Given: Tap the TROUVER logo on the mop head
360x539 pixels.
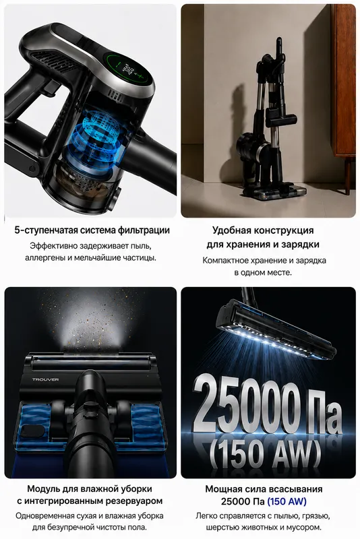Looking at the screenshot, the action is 45,379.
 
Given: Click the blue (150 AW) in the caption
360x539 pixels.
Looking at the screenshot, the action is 287,501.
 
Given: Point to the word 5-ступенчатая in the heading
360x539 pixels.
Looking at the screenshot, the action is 46,230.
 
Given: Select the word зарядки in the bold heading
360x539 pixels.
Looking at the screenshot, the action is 301,245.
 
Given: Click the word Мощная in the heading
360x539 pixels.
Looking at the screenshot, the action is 222,489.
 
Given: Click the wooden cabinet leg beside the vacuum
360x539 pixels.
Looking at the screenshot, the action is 348,175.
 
